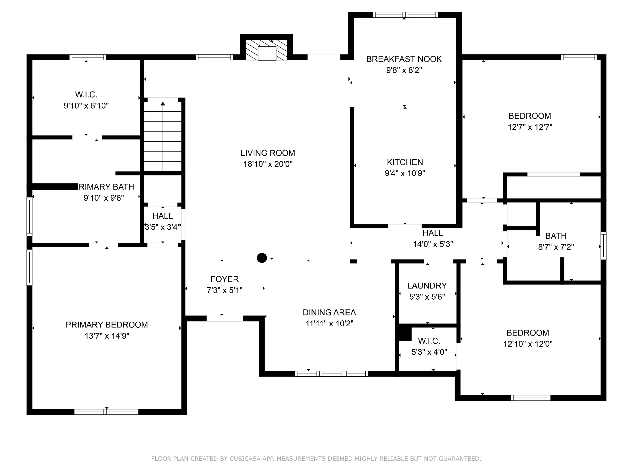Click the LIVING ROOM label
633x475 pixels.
coord(268,153)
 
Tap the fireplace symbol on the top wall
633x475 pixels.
coord(266,50)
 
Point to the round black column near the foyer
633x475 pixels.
coord(262,258)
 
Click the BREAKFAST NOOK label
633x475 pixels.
coord(404,59)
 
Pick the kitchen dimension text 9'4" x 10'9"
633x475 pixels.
coord(405,173)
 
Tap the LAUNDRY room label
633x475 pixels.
coord(427,286)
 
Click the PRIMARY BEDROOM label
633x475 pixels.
coord(107,325)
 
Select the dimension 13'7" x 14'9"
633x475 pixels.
coord(107,336)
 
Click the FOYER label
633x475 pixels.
coord(225,279)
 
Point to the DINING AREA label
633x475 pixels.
coord(329,312)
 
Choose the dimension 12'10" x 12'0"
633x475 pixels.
coord(528,344)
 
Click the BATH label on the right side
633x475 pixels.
coord(556,236)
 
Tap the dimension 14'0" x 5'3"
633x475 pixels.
coord(433,244)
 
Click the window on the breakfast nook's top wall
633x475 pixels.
coord(405,15)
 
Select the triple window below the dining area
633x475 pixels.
coord(331,374)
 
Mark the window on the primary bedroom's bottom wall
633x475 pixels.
coord(106,412)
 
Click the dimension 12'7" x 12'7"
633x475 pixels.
coord(530,127)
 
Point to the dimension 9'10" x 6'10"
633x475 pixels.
coord(86,106)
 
